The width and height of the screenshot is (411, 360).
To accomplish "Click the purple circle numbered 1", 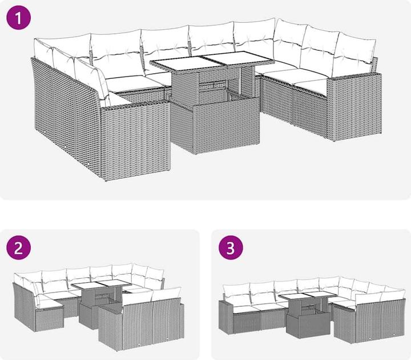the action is tap(19, 17).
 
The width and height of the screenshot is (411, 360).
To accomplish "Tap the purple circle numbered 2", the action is tap(19, 247).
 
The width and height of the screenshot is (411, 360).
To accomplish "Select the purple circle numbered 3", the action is tap(231, 247).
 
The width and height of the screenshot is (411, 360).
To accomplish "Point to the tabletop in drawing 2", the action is tap(101, 284).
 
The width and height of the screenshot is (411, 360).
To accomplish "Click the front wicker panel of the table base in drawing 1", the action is tap(225, 125).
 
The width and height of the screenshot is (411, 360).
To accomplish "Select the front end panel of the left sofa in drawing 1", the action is tap(136, 141).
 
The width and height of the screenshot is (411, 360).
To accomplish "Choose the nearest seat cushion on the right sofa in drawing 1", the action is tap(312, 87).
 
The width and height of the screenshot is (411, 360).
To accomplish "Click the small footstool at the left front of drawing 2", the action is tap(49, 316).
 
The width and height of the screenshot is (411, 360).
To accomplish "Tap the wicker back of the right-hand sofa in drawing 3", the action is tap(380, 319).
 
